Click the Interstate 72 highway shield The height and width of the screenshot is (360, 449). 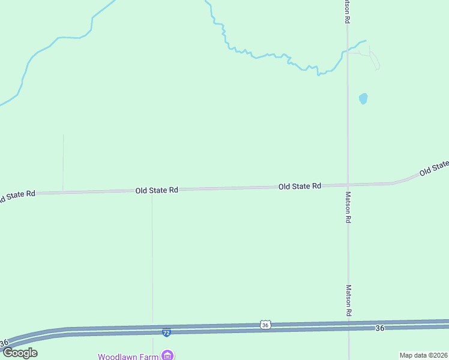coord(166,332)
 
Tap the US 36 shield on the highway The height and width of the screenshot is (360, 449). coord(265,325)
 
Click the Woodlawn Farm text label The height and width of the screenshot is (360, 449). coord(128,356)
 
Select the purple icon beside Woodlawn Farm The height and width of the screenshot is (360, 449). coord(168,356)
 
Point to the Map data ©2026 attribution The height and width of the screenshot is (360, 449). coord(423,355)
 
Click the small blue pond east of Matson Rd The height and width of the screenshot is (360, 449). coord(363,98)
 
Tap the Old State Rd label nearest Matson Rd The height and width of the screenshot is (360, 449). coord(300,187)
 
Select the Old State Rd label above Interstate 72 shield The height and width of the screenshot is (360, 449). coord(157,190)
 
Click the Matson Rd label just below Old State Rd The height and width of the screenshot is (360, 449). coord(348,208)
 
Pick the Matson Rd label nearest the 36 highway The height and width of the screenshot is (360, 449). coord(348,300)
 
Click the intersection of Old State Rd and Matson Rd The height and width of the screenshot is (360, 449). coord(348,185)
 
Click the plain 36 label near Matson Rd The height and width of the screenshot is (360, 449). coord(379,328)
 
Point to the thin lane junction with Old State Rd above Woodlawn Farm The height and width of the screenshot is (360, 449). coord(152,191)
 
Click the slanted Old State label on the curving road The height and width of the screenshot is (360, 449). coord(433,169)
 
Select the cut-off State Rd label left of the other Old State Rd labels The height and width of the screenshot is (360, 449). coord(17,196)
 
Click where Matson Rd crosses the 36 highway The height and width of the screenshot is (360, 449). coord(349,325)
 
